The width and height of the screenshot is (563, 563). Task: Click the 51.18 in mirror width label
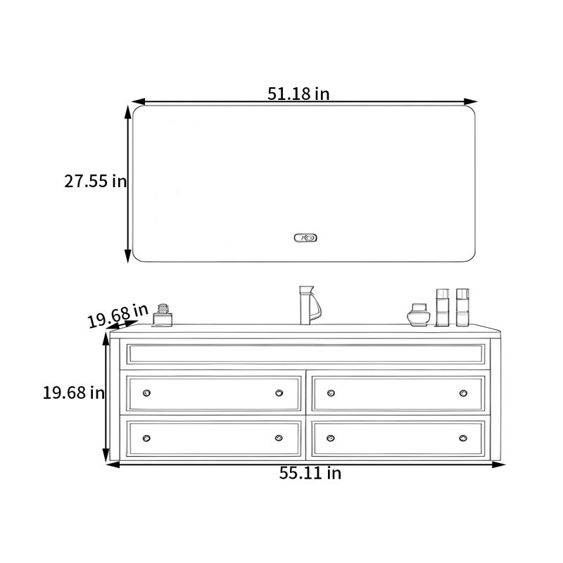point(298,94)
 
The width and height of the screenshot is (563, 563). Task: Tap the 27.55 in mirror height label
point(96,181)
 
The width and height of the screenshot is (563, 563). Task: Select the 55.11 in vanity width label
point(310,473)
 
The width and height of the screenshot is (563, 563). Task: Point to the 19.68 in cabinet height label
point(74,393)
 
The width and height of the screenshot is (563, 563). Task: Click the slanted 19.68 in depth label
point(118,315)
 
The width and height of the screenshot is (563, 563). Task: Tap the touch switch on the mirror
point(305,238)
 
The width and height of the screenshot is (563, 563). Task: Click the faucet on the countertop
point(310,305)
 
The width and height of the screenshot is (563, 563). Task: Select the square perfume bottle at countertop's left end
point(163,315)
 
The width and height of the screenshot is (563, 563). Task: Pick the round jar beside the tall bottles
point(419,315)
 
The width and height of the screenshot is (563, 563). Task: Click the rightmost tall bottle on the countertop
point(462,308)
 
